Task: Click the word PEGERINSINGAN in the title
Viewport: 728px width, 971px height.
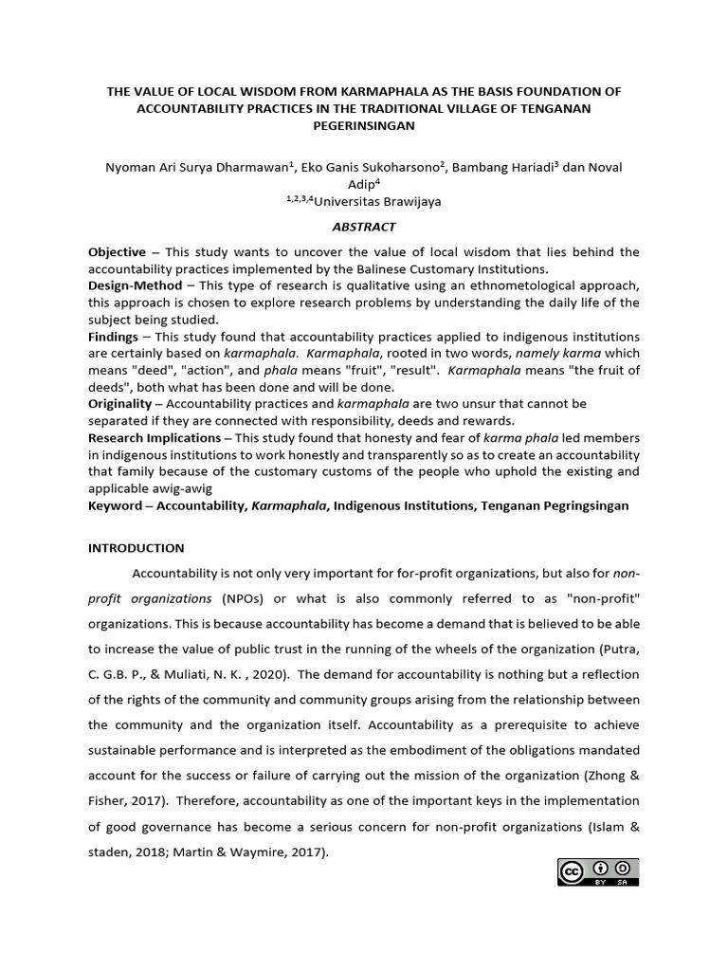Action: pos(364,125)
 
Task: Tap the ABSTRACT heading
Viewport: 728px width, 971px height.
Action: pos(364,227)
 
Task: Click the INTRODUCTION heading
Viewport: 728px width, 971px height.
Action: pos(136,548)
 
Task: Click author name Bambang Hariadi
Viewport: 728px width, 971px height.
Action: pos(502,168)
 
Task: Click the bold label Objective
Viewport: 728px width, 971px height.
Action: pos(117,251)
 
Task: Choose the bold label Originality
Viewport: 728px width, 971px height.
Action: pos(119,404)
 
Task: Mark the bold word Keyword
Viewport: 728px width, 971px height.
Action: pos(115,505)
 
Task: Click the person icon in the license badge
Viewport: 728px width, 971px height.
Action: pos(599,868)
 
